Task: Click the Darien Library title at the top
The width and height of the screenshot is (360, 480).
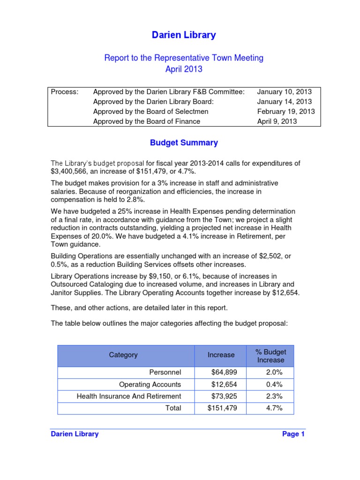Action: pos(184,35)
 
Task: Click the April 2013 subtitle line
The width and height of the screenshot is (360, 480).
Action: pos(184,69)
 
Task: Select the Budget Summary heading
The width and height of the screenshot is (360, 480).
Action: pos(184,142)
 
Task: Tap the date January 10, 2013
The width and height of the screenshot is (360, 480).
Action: pos(284,92)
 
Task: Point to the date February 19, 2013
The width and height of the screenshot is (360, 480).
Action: pos(286,112)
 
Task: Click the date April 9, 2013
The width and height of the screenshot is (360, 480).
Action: pos(277,121)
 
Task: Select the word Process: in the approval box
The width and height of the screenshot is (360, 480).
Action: pos(64,92)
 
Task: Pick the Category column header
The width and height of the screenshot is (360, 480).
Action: pos(123,355)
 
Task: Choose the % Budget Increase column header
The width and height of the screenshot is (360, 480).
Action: pos(270,356)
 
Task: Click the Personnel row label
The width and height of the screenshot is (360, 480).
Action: pos(165,373)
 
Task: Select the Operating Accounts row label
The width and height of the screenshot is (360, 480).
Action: pos(150,384)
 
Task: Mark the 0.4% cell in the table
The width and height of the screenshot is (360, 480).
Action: pos(274,384)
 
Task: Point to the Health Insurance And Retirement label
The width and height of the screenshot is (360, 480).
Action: pos(129,396)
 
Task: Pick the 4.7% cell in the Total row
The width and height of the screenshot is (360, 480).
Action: pos(274,408)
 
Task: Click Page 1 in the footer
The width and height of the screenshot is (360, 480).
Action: pos(293,434)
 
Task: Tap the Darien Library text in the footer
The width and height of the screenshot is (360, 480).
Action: pos(75,434)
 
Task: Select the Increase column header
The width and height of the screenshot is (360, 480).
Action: pos(221,355)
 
